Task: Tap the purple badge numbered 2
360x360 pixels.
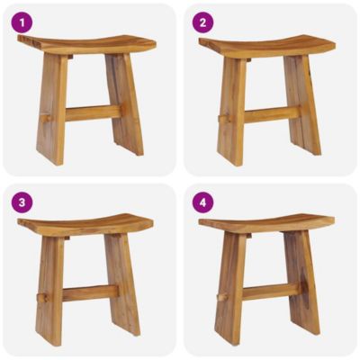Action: pos(202,22)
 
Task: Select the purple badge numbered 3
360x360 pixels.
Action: pos(22,202)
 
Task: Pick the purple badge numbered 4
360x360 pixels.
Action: pos(202,202)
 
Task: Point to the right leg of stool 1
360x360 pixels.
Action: pos(123,103)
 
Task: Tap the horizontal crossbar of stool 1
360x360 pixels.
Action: pos(90,113)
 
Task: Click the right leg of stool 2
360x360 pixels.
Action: pos(302,103)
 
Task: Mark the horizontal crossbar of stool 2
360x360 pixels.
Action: pos(270,114)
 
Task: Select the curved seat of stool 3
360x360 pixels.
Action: pos(85,224)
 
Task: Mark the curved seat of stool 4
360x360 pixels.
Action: pos(266,223)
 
